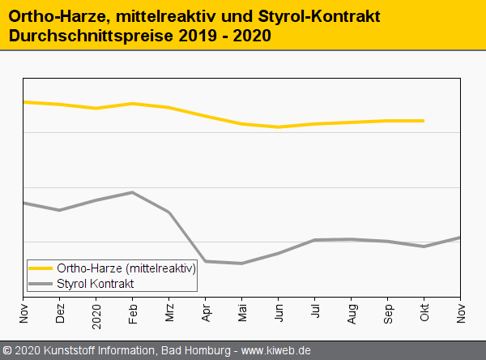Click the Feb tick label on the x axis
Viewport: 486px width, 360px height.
133,313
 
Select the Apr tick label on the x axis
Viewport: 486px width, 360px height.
206,313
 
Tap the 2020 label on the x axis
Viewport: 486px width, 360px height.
96,313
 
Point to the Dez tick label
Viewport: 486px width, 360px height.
60,313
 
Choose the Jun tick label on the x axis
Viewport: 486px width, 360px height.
279,313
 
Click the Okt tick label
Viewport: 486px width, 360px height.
424,313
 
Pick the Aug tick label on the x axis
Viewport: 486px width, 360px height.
352,313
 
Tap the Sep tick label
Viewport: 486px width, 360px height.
388,313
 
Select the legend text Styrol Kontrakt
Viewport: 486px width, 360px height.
96,283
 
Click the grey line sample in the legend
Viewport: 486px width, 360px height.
40,283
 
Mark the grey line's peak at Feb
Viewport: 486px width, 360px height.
132,192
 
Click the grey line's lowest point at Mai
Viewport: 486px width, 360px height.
241,264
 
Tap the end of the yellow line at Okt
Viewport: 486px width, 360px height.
424,121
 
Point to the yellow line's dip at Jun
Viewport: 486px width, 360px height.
278,127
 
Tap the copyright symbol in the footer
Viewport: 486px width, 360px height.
7,351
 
